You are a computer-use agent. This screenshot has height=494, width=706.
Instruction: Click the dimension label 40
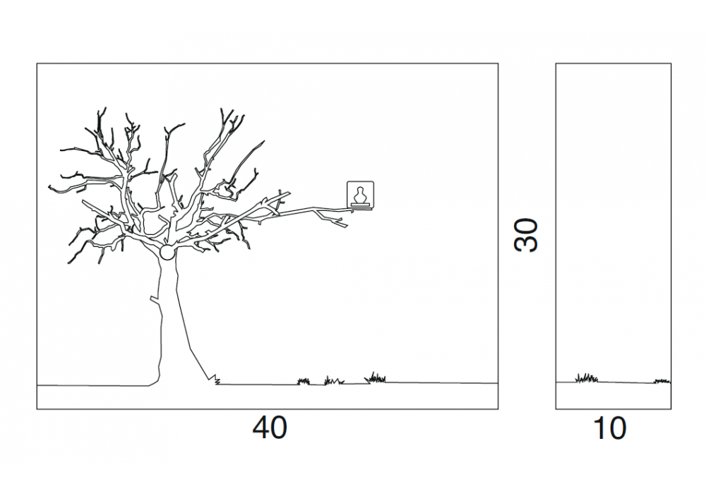pyautogui.click(x=269, y=428)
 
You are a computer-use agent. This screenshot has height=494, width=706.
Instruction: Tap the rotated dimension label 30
pyautogui.click(x=525, y=235)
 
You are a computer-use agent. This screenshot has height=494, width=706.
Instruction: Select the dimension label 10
pyautogui.click(x=610, y=428)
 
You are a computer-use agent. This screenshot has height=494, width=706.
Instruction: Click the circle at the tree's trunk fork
pyautogui.click(x=167, y=253)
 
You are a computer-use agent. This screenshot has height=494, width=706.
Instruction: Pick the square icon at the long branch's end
pyautogui.click(x=360, y=194)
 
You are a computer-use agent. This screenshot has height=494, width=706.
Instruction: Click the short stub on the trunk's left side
pyautogui.click(x=155, y=300)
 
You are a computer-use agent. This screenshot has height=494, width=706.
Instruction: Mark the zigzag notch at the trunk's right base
pyautogui.click(x=215, y=379)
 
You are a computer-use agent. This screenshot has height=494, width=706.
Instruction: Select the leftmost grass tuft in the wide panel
pyautogui.click(x=304, y=382)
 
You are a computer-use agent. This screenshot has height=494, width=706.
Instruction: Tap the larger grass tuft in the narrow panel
pyautogui.click(x=587, y=378)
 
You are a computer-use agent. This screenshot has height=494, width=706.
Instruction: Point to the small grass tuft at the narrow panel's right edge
pyautogui.click(x=662, y=382)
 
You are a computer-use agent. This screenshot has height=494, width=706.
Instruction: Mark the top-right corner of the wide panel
pyautogui.click(x=498, y=64)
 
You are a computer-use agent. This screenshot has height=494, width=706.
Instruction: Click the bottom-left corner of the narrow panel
pyautogui.click(x=556, y=409)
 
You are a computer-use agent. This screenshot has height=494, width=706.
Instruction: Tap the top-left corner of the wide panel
pyautogui.click(x=37, y=64)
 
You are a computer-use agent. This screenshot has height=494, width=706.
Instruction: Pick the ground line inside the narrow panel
pyautogui.click(x=614, y=382)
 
